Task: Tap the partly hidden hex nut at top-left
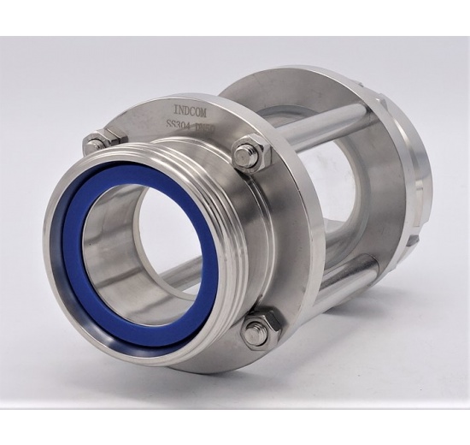tap(97, 141)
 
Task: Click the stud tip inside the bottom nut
tap(256, 333)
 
